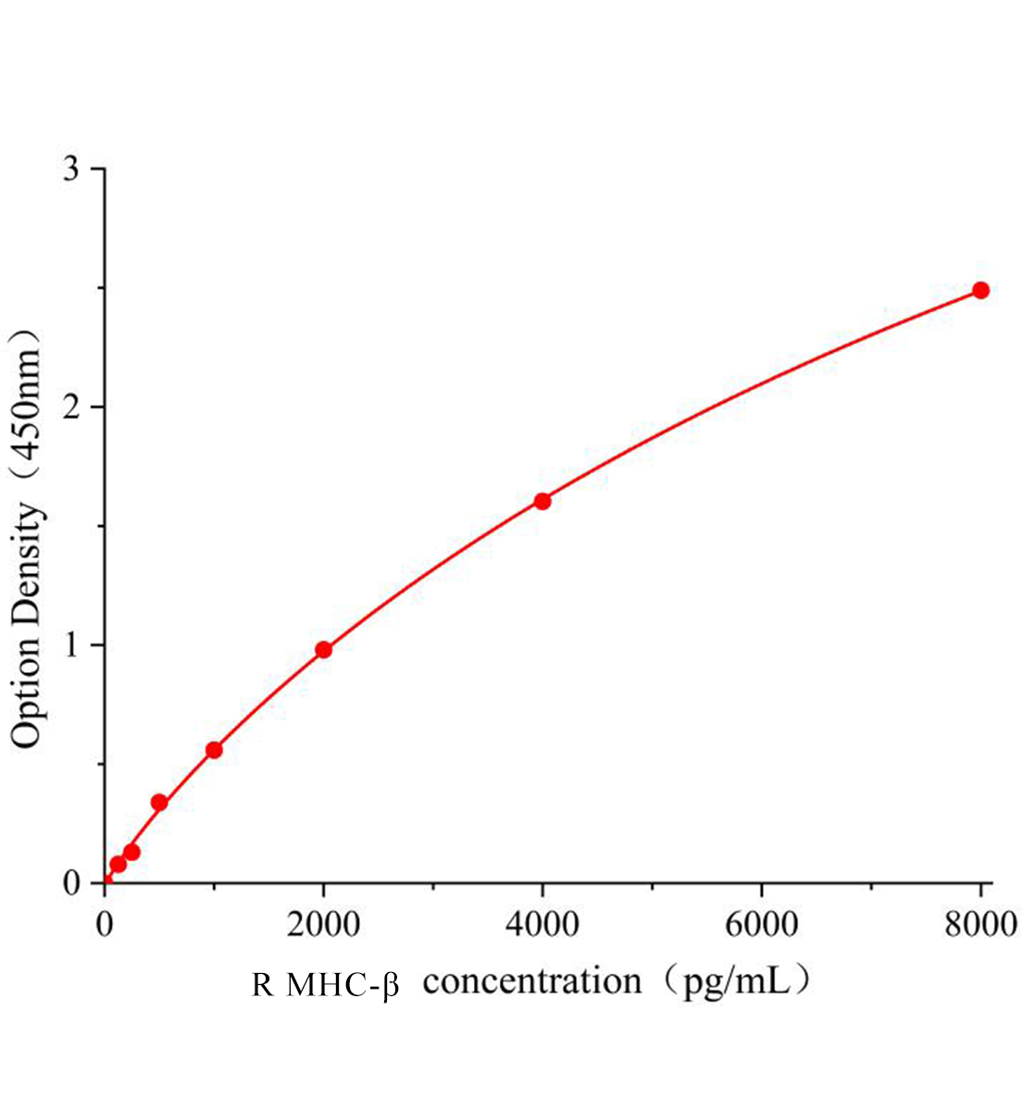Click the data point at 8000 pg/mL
[980, 290]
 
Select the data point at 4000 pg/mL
[542, 501]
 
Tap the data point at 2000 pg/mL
[323, 649]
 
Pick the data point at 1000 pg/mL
[214, 749]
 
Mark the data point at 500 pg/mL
[159, 802]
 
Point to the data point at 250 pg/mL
[131, 852]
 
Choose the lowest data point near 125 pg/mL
[118, 864]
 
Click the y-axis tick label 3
[71, 169]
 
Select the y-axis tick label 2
[71, 407]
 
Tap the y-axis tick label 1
[71, 645]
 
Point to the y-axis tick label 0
[71, 883]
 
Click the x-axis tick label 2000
[323, 923]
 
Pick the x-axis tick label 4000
[542, 923]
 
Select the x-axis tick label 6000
[761, 923]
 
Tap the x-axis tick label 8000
[979, 923]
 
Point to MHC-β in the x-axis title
[343, 983]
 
